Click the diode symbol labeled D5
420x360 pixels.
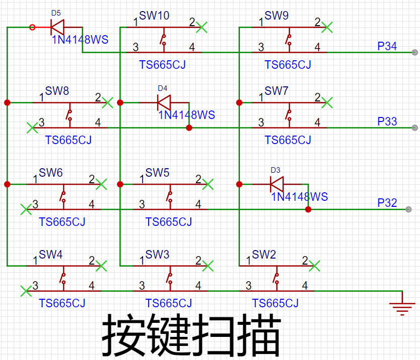pyautogui.click(x=57, y=27)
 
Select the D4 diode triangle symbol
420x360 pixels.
pyautogui.click(x=164, y=102)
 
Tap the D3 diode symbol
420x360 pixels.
pyautogui.click(x=276, y=184)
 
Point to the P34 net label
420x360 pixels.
pyautogui.click(x=387, y=46)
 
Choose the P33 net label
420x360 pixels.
pyautogui.click(x=387, y=122)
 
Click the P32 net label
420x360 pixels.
pyautogui.click(x=387, y=203)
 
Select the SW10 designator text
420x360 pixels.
pyautogui.click(x=154, y=16)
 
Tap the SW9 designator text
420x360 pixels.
pyautogui.click(x=276, y=16)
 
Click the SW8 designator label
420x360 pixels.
pyautogui.click(x=57, y=91)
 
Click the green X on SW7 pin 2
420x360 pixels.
pyautogui.click(x=327, y=102)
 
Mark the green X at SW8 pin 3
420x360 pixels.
pyautogui.click(x=32, y=128)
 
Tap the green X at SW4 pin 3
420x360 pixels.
pyautogui.click(x=26, y=291)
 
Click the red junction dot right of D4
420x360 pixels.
pyautogui.click(x=189, y=128)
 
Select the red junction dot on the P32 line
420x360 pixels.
pyautogui.click(x=308, y=209)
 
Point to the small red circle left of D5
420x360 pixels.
pyautogui.click(x=32, y=27)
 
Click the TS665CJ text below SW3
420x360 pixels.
pyautogui.click(x=169, y=303)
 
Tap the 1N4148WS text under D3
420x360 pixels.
pyautogui.click(x=300, y=197)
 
